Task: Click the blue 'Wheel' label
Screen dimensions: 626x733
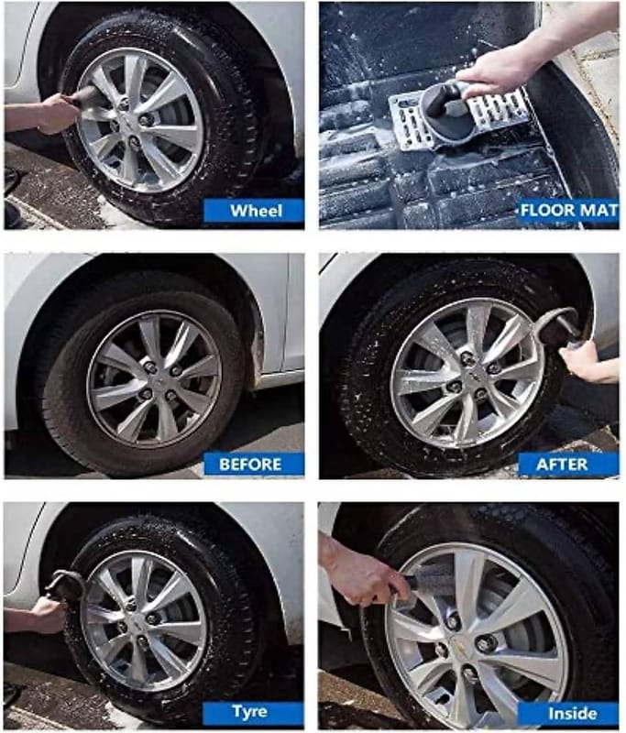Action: click(x=254, y=211)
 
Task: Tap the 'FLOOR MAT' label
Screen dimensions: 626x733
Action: click(x=568, y=211)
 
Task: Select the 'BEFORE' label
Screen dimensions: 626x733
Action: click(x=254, y=465)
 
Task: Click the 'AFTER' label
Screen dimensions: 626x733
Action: click(x=568, y=465)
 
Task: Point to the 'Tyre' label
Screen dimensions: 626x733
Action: click(x=253, y=712)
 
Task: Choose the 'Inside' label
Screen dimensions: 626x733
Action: click(x=568, y=713)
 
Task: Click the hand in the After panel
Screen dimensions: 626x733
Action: click(x=590, y=365)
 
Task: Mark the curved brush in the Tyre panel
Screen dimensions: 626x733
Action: click(x=65, y=580)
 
